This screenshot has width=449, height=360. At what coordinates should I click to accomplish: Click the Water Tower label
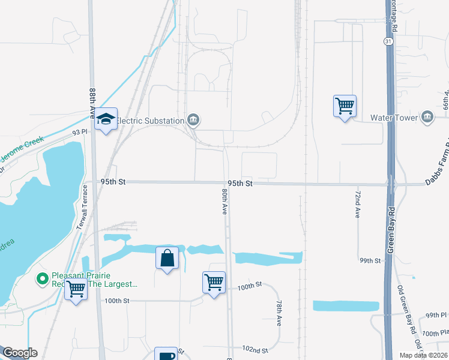394,118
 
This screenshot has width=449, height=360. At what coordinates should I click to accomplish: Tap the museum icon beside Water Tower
427,117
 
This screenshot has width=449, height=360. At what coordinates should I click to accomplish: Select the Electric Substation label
149,121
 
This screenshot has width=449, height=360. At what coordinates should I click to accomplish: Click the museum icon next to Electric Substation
193,120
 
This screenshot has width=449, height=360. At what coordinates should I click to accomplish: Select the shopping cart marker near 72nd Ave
345,106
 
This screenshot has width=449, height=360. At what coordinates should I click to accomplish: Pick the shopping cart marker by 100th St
214,282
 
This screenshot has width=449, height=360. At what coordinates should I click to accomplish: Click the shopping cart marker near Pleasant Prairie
76,290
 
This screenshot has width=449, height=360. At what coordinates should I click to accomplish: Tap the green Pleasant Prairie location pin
42,278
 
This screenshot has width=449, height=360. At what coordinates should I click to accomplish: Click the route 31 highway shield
389,41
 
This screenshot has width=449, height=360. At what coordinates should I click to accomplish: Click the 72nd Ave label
357,205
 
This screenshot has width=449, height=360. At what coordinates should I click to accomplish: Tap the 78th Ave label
279,313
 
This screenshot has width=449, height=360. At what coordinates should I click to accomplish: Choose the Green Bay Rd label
390,230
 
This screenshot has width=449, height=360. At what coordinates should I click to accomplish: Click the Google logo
19,353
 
